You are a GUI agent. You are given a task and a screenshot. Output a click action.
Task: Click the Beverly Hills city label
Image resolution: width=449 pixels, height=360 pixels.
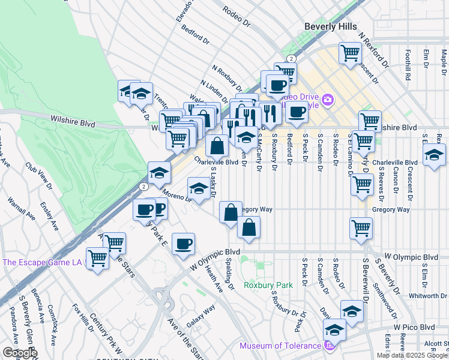click(x=330, y=26)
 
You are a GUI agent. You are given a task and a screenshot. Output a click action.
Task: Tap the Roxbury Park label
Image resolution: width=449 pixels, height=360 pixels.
click(x=268, y=285)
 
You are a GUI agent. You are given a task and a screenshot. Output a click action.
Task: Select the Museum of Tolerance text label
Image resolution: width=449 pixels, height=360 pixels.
click(x=280, y=346)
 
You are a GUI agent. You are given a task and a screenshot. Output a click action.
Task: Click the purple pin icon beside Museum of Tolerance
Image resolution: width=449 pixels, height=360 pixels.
click(x=330, y=346)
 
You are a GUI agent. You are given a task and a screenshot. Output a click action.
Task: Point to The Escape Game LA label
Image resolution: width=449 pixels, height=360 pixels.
click(x=42, y=262)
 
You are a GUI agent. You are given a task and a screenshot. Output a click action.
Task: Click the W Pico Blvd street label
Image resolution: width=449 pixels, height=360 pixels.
click(x=414, y=327)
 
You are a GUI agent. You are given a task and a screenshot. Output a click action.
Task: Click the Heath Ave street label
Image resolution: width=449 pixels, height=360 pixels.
click(x=214, y=280)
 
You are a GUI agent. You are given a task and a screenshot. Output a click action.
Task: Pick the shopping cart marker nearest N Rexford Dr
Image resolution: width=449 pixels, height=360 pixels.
click(x=349, y=52)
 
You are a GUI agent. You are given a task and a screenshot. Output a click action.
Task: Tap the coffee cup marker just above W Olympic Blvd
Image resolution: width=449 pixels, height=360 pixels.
click(x=184, y=244)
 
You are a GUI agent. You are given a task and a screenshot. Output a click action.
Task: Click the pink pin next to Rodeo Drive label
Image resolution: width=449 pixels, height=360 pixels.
click(x=327, y=100)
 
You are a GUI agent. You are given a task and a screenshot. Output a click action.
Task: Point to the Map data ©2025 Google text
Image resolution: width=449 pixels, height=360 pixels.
click(x=412, y=355)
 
